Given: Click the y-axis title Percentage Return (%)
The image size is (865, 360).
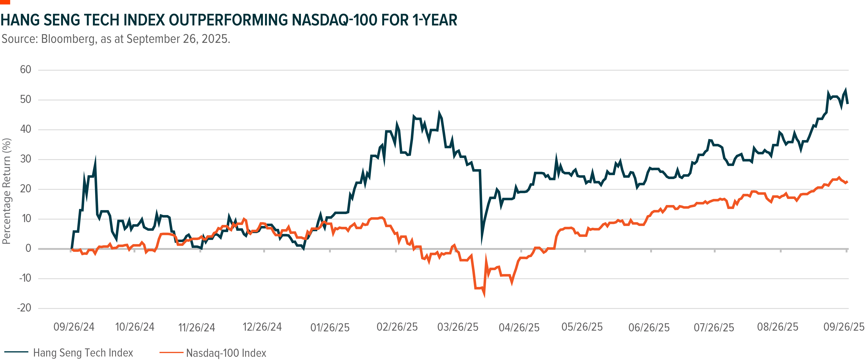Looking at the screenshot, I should [7, 191].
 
